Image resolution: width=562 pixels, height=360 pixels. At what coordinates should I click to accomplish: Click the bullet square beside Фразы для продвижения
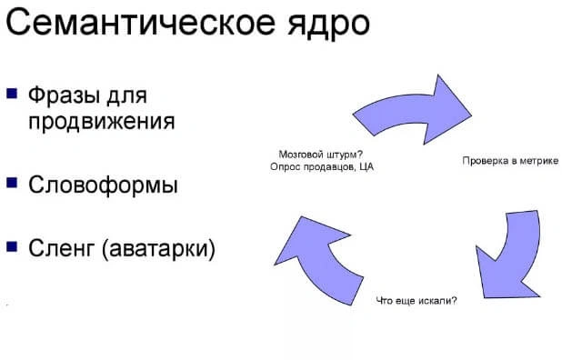click(12, 93)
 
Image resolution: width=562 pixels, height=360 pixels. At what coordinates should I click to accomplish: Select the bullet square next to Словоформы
click(12, 183)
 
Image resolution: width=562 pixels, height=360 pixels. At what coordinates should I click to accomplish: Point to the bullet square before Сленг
click(12, 245)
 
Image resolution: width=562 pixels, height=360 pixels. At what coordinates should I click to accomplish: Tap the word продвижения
click(101, 120)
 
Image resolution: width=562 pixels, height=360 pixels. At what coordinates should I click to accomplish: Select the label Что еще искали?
click(416, 301)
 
